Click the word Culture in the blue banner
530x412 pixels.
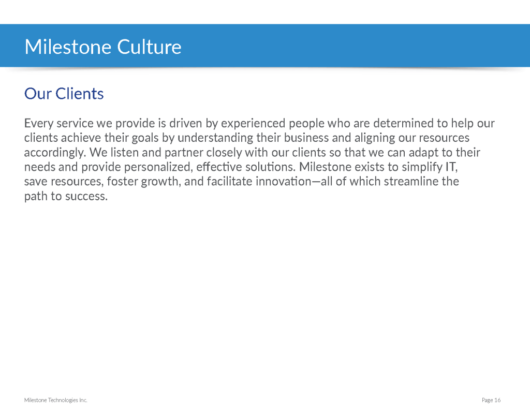pos(149,47)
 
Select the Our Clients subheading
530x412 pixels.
pos(64,94)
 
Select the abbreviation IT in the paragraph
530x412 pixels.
pos(451,167)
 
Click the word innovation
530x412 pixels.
pos(283,181)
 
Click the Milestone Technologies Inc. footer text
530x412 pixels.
pos(56,400)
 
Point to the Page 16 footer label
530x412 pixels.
pos(491,400)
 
